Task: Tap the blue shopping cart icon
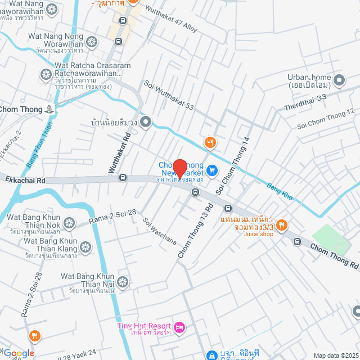pyautogui.click(x=211, y=169)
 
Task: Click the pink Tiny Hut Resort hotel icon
pyautogui.click(x=179, y=327)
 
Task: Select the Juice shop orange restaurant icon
pyautogui.click(x=282, y=226)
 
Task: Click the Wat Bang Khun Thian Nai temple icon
pyautogui.click(x=123, y=281)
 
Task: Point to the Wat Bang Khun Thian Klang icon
pyautogui.click(x=85, y=246)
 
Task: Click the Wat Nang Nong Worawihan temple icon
pyautogui.click(x=92, y=42)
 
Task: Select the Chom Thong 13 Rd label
pyautogui.click(x=195, y=231)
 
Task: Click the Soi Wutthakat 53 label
pyautogui.click(x=169, y=96)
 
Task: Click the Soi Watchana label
pyautogui.click(x=159, y=231)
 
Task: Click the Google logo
pyautogui.click(x=20, y=353)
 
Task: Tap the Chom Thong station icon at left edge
pyautogui.click(x=51, y=109)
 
